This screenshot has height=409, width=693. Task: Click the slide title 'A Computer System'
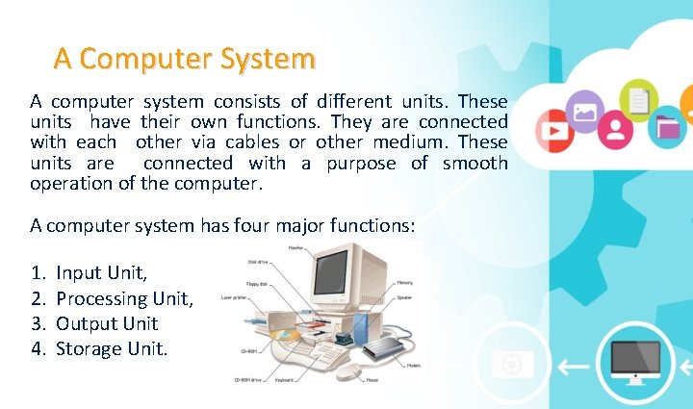(184, 59)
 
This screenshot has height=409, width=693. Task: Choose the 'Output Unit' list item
(107, 324)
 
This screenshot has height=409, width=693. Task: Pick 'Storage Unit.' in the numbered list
(112, 348)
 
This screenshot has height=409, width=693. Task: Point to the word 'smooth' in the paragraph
(475, 163)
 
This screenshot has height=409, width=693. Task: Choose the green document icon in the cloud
(638, 98)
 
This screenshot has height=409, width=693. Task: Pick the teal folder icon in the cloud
(667, 126)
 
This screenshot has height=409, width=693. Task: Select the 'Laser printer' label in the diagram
(235, 297)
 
